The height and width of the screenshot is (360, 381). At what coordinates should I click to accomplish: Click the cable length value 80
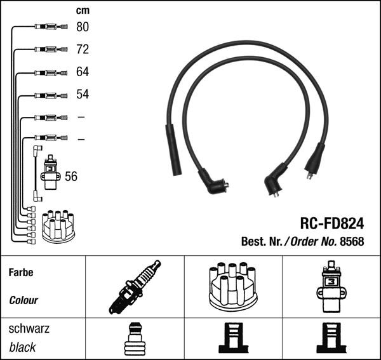pos(83,27)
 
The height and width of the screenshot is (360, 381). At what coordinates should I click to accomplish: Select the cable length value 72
pos(83,50)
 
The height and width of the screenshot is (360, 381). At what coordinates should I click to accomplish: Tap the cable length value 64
pos(83,72)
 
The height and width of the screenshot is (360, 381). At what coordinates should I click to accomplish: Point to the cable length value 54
pos(83,95)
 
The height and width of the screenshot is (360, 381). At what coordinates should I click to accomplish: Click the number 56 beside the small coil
pos(71,177)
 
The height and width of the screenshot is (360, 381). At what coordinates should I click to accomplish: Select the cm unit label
pos(83,10)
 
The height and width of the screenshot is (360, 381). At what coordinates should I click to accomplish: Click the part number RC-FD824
pos(331,223)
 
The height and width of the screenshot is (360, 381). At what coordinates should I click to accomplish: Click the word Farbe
pos(21,272)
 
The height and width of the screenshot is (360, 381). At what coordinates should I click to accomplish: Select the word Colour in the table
pos(23,300)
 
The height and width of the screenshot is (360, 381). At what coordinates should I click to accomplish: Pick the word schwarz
pos(29,330)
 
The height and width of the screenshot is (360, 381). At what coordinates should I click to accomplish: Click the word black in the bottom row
pos(23,347)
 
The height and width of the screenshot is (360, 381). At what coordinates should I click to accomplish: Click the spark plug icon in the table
pos(135,287)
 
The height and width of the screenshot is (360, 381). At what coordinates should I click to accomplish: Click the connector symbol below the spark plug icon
pos(135,338)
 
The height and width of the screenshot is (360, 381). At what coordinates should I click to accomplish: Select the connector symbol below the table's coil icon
pos(330,338)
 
